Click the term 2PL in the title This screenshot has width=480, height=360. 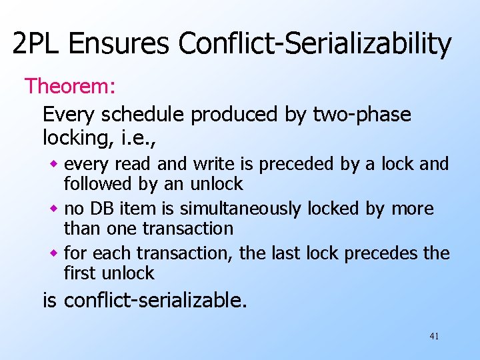pos(37,44)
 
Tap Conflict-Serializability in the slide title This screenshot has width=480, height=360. pos(315,44)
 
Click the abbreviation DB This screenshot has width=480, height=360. pos(100,209)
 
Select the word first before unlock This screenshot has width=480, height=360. pos(80,273)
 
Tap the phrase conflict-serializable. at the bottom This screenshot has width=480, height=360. pos(155,301)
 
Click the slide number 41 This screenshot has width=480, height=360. pos(434,336)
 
